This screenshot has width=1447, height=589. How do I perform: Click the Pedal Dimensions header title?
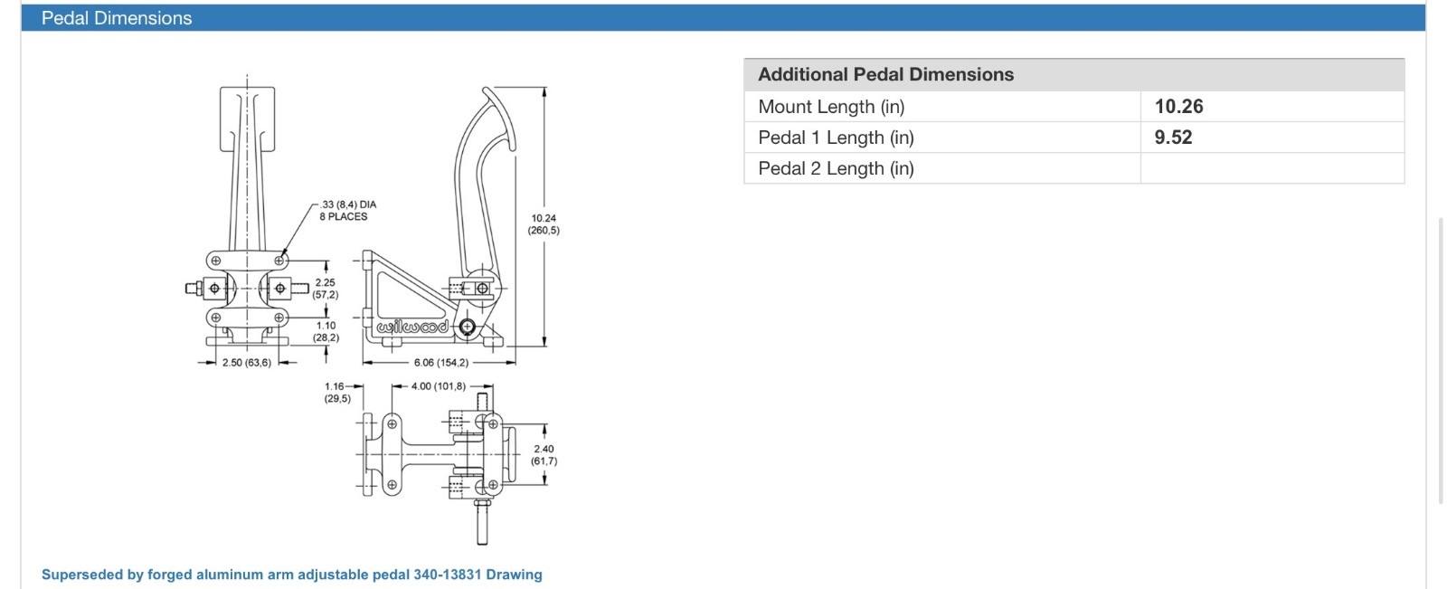tap(117, 18)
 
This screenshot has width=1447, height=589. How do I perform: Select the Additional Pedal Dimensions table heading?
tap(885, 75)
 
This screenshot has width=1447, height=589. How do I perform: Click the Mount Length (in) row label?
tap(831, 107)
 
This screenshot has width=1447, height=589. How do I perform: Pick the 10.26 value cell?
tap(1178, 107)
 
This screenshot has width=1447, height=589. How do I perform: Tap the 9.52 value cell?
tap(1173, 138)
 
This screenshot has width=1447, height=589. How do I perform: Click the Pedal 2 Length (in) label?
tap(836, 168)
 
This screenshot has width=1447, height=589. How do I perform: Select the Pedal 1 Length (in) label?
tap(836, 138)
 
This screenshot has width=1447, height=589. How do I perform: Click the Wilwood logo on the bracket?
tap(412, 327)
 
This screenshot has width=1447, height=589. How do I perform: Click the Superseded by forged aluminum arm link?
tap(291, 575)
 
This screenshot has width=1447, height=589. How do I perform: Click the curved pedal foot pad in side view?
tap(500, 118)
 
